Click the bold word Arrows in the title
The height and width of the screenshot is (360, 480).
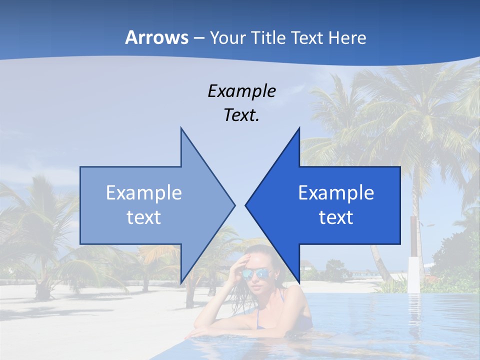(x=156, y=37)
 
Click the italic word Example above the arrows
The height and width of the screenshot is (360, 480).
(x=241, y=91)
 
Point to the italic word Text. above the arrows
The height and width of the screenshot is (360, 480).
(x=241, y=115)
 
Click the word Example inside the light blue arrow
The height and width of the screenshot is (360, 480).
(x=144, y=192)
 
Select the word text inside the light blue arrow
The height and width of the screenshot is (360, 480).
(x=144, y=217)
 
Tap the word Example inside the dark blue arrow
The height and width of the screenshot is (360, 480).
(x=336, y=192)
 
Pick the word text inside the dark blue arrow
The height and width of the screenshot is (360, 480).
(x=336, y=217)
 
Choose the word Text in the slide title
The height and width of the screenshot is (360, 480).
(x=307, y=37)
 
